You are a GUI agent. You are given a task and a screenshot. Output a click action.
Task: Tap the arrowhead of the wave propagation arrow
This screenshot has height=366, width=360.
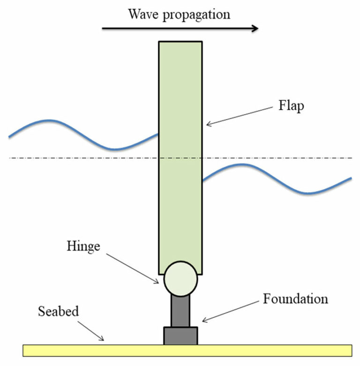coord(254,28)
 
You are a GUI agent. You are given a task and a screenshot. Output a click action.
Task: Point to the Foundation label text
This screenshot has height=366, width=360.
coord(295,299)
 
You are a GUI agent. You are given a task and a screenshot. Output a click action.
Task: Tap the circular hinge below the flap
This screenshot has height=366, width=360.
coord(180,278)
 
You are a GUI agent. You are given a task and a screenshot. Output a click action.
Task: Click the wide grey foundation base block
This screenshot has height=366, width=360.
coord(180,336)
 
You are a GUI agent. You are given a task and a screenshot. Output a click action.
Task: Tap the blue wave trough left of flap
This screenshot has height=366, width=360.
coord(115,149)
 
